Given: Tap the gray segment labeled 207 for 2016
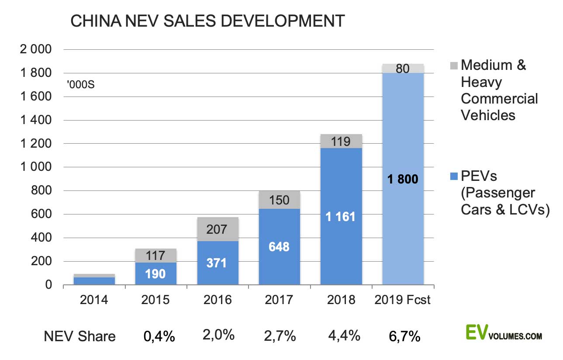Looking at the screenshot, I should (218, 229).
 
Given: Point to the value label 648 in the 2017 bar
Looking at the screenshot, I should (279, 247).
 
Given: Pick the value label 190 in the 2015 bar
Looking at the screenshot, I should (155, 274).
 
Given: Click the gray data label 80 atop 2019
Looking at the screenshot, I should (403, 68).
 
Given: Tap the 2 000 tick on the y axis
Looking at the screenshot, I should (36, 49).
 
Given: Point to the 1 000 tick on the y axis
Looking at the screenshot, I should (36, 167).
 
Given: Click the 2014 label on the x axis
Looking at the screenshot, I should (94, 301).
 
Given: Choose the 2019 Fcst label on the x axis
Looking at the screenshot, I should (403, 301).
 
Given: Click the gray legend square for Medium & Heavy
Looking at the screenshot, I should (453, 66).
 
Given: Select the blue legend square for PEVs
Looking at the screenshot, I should (453, 177).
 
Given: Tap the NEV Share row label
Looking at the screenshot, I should (80, 336).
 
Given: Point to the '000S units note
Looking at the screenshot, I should (81, 84).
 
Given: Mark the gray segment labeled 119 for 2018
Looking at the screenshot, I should (341, 141).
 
